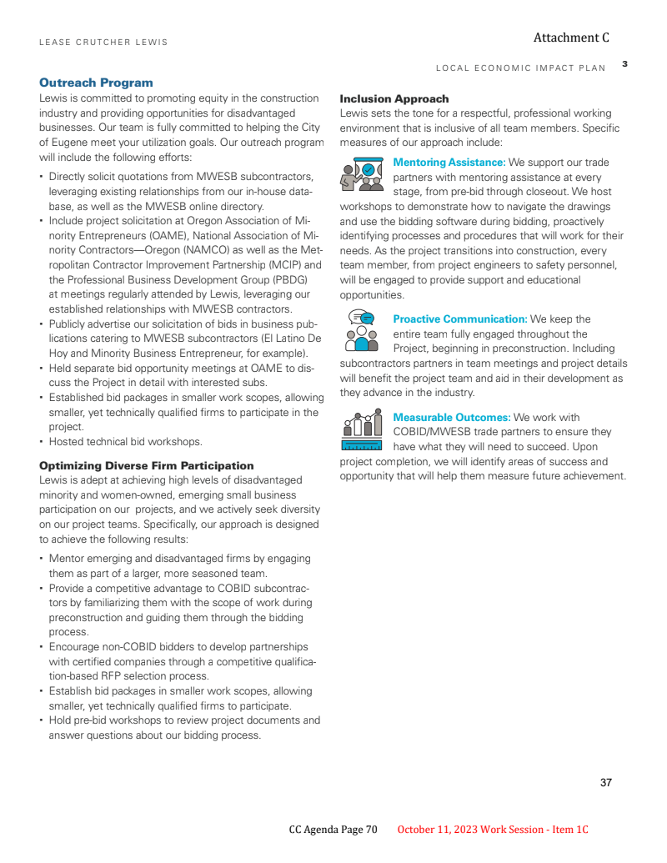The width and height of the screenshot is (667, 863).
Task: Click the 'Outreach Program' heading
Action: coord(96,83)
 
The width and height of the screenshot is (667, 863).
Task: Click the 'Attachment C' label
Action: coord(571,38)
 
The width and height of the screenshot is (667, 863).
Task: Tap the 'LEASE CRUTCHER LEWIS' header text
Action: coord(103,43)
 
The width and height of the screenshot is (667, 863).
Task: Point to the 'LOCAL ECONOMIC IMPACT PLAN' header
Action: coord(521,68)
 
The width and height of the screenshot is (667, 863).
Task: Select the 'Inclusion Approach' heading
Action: coord(394,98)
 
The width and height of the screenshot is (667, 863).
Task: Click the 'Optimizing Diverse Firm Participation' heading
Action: coord(146,465)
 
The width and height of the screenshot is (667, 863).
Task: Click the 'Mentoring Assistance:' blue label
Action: coord(449,162)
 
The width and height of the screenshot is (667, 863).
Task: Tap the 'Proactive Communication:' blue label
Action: coord(459,319)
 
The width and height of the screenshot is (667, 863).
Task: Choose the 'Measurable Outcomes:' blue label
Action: coord(451,417)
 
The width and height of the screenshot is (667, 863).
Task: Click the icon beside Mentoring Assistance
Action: coord(361,173)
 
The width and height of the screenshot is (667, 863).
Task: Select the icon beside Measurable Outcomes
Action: coord(361,430)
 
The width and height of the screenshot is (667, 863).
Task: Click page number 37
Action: coord(605,782)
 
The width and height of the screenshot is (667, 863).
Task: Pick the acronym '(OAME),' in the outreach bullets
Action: coord(171,236)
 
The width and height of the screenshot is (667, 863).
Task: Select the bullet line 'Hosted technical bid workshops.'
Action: coord(125,442)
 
